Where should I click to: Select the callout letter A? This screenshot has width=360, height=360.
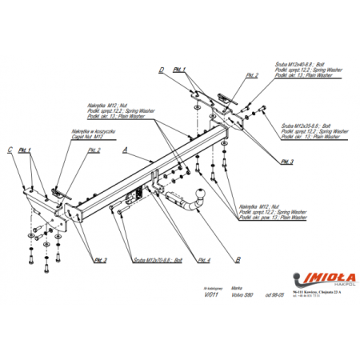pos(126,150)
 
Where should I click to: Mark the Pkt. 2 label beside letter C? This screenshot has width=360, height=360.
pos(94,150)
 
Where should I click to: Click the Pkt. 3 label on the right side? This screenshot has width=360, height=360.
pos(287,162)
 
